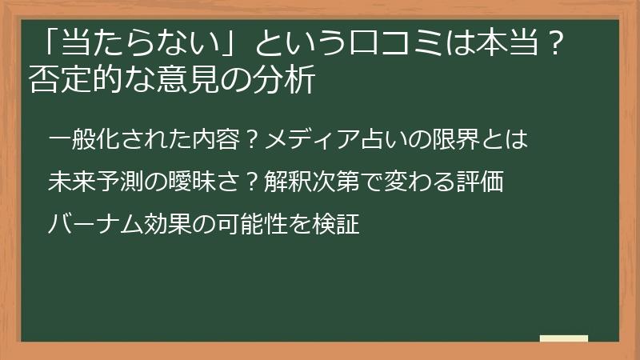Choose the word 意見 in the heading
pyautogui.click(x=197, y=80)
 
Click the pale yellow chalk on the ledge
pyautogui.click(x=564, y=339)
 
